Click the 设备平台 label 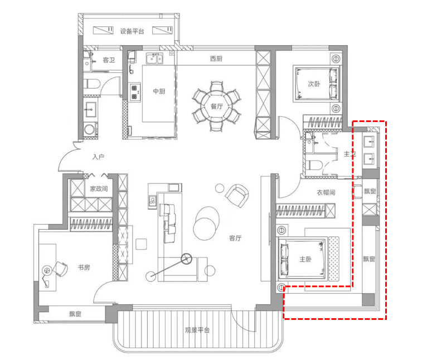point(132,31)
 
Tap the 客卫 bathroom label point(109,60)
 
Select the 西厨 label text point(216,59)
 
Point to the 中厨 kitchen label point(159,91)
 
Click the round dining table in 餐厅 point(216,106)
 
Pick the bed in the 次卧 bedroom point(316,84)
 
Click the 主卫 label point(350,154)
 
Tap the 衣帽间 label point(326,192)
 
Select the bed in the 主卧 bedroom point(303,259)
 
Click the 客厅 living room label point(235,238)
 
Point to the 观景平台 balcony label point(197,330)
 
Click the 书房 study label point(84,267)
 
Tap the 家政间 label point(99,188)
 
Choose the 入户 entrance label point(98,157)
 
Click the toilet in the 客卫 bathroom point(91,84)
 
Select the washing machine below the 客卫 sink point(90,129)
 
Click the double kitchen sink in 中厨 point(154,59)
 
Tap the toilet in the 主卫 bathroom point(313,165)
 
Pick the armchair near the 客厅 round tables point(236,196)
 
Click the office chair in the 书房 point(61,269)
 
